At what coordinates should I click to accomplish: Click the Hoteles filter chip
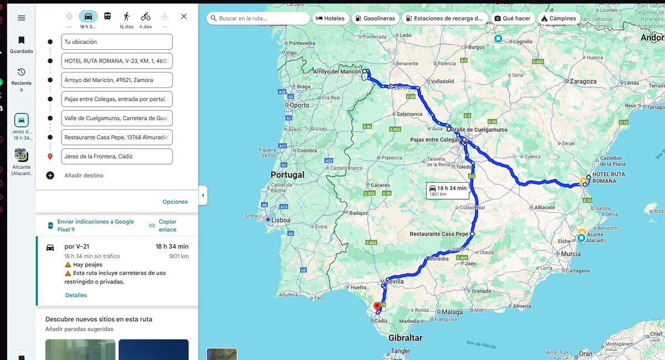click(x=330, y=18)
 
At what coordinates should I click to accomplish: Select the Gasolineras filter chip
click(x=375, y=18)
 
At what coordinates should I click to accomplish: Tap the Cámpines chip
click(x=559, y=18)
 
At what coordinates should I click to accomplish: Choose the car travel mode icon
click(x=88, y=16)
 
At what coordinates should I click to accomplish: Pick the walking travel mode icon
click(x=126, y=16)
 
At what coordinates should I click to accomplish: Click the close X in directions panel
click(x=184, y=17)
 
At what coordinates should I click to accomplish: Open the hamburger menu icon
click(x=22, y=18)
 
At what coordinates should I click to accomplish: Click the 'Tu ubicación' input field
click(x=117, y=42)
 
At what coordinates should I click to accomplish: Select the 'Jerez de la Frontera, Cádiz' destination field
click(x=117, y=156)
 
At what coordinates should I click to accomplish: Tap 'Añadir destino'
click(x=84, y=176)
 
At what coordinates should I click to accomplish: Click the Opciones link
click(x=175, y=202)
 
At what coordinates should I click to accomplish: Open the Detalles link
click(x=76, y=295)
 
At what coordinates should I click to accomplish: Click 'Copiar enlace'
click(x=167, y=225)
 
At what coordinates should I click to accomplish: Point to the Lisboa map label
click(x=280, y=220)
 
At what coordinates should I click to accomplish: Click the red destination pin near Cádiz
click(x=377, y=306)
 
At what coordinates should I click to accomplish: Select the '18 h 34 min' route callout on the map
click(x=448, y=190)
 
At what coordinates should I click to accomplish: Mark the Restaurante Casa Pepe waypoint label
click(x=439, y=234)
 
